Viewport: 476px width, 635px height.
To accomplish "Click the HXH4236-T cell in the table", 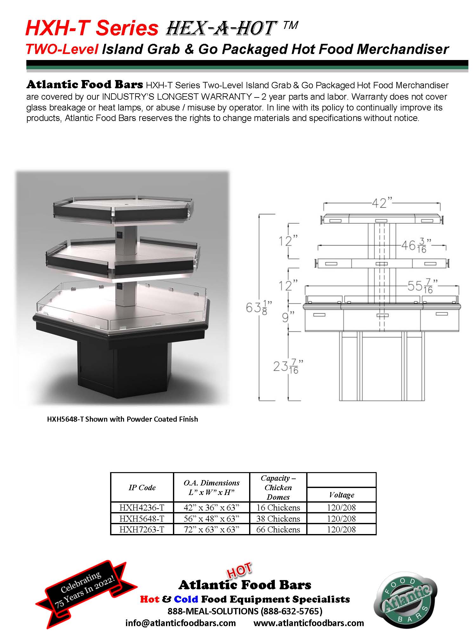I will (142, 507).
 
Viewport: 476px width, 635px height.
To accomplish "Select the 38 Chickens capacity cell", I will (278, 518).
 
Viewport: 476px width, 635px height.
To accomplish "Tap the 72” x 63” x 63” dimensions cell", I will (211, 529).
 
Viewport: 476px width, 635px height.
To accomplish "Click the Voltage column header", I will (341, 495).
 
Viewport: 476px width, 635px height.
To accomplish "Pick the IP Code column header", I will (142, 487).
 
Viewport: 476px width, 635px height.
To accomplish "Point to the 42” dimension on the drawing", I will (382, 203).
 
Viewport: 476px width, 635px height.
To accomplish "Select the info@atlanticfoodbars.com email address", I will (181, 623).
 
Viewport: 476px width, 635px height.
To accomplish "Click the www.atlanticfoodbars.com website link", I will (308, 623).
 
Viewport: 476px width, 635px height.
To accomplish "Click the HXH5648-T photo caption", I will (122, 419).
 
